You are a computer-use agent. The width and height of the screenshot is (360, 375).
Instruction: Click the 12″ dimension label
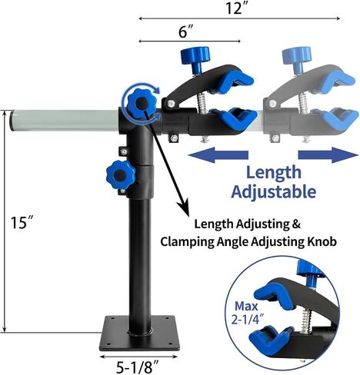[234, 8]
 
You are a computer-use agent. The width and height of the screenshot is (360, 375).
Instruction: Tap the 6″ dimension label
[185, 32]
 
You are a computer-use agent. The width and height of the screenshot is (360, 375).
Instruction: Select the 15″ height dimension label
[22, 222]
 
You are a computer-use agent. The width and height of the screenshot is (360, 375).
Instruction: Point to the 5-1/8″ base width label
[138, 368]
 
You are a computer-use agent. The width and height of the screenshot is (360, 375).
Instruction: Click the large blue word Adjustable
[274, 191]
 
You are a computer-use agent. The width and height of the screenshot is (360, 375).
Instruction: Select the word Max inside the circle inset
[246, 306]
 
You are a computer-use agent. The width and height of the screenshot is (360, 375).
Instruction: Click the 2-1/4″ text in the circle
[247, 320]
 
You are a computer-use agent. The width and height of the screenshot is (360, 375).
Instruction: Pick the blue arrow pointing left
[218, 155]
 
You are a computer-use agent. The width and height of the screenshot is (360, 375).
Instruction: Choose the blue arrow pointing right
[328, 155]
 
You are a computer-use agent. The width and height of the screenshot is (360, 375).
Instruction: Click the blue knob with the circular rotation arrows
[140, 104]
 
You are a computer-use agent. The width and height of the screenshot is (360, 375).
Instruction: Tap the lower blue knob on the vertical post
[120, 175]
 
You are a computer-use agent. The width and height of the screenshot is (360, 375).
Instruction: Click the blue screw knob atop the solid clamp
[195, 58]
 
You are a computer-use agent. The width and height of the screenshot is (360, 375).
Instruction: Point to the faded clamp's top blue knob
[297, 58]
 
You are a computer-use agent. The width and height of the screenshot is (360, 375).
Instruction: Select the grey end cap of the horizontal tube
[12, 121]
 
